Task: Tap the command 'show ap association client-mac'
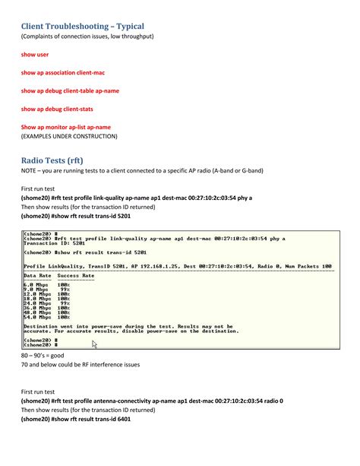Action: (62, 72)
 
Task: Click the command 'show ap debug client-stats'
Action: (57, 109)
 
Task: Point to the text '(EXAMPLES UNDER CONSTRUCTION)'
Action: (69, 136)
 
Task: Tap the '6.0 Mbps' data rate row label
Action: (36, 284)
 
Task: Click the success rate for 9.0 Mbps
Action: (65, 289)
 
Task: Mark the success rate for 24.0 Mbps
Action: (65, 303)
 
